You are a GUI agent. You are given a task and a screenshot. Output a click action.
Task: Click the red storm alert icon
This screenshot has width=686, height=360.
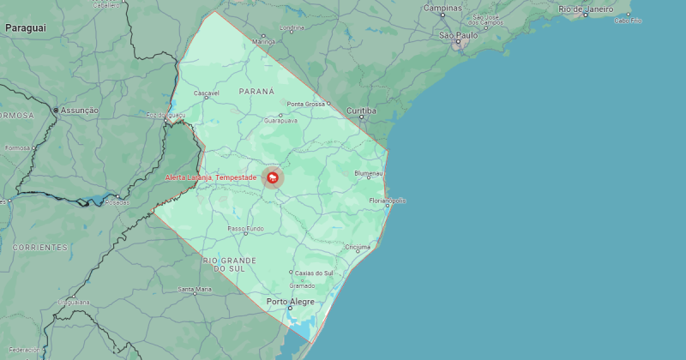[x=273, y=177]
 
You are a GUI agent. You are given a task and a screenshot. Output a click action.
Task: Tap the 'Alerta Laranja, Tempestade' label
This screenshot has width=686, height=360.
[x=210, y=177]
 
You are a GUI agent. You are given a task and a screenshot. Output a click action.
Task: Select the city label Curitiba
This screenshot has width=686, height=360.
[x=362, y=111]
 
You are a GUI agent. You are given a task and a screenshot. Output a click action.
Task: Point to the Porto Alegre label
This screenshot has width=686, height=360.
[x=290, y=302]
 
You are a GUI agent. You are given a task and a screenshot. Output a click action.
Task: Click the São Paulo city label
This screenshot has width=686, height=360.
[x=458, y=35]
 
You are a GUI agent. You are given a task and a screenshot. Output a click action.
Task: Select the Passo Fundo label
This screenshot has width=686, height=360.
[x=245, y=229]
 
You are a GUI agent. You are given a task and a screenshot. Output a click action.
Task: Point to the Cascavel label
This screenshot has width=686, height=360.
[x=207, y=93]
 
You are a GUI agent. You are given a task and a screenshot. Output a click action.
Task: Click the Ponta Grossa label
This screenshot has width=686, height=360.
[x=306, y=104]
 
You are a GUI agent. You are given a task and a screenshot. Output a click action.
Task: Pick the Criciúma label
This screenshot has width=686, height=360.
[x=358, y=247]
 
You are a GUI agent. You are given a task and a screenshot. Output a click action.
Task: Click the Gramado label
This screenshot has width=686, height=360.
[x=302, y=285]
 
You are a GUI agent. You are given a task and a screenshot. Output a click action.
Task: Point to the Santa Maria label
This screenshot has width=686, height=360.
[x=195, y=290]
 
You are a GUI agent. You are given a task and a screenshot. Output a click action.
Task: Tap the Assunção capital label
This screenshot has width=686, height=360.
[x=79, y=111]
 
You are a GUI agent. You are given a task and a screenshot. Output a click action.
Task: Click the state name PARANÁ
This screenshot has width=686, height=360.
[x=256, y=90]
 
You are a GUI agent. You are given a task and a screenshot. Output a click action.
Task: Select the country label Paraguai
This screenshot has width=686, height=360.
[x=25, y=28]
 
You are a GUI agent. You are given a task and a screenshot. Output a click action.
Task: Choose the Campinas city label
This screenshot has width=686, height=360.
[x=442, y=8]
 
